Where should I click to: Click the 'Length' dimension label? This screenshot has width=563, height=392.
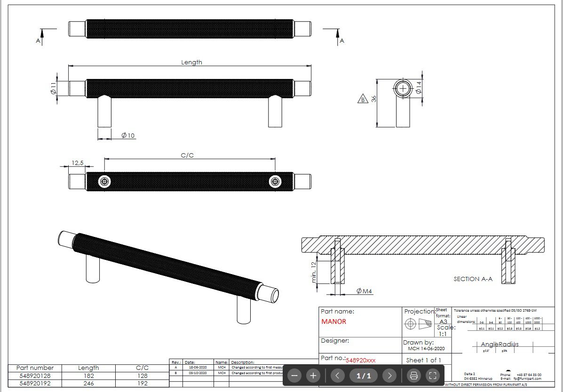pos(191,62)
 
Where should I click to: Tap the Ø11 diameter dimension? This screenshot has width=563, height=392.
pos(53,88)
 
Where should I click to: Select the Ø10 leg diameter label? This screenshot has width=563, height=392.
pos(128,135)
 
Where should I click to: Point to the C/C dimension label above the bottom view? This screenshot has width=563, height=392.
pos(187,155)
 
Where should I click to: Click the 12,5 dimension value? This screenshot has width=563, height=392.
pos(78,163)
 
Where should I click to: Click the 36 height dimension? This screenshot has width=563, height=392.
pos(374,100)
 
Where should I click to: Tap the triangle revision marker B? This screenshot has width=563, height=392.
pos(363,99)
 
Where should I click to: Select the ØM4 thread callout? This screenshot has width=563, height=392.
pos(364,291)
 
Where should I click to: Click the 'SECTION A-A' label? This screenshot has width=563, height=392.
pos(473,279)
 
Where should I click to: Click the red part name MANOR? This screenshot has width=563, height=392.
pos(333,322)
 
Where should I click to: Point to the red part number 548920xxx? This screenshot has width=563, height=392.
pos(361,361)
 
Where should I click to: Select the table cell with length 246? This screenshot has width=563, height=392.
pos(88,383)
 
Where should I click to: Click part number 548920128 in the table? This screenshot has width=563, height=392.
pos(35,376)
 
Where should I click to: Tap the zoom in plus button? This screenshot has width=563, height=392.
pos(313,376)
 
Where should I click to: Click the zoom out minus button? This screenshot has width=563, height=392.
pos(294,376)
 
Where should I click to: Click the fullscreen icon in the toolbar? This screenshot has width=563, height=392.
pos(433,376)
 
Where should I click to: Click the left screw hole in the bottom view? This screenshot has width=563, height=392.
pos(104,182)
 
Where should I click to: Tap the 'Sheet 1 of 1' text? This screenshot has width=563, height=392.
pos(423,361)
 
